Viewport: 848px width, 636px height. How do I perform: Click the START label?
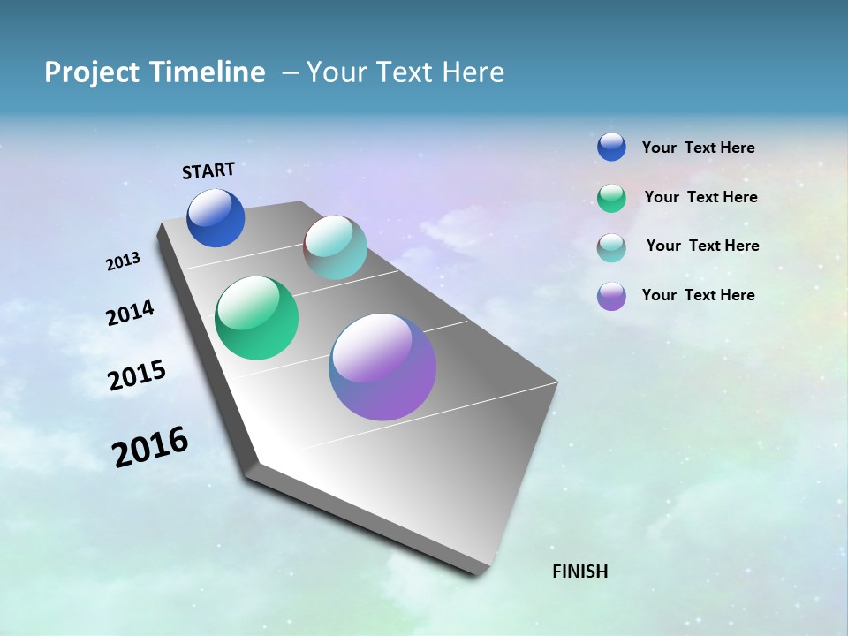click(208, 170)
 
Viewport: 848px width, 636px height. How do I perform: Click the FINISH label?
click(579, 572)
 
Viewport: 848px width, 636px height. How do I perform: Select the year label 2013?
click(124, 261)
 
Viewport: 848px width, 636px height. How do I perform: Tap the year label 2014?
click(131, 313)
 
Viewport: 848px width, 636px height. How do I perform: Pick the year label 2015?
click(137, 375)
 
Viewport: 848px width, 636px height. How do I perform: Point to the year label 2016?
click(150, 447)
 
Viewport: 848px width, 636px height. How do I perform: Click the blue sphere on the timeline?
click(216, 218)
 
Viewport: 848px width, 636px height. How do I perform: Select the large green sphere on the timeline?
click(256, 318)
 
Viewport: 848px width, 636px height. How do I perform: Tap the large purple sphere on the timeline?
click(382, 367)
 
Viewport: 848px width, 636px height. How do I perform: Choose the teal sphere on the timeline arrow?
click(335, 247)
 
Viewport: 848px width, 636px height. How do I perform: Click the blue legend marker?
click(611, 147)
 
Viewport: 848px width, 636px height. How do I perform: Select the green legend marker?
click(611, 198)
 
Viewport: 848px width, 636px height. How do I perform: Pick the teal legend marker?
click(611, 247)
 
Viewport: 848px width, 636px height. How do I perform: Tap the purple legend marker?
click(611, 296)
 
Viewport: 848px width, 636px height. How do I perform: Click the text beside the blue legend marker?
click(698, 148)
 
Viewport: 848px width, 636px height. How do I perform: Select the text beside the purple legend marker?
click(698, 295)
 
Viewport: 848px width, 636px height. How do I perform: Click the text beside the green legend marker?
click(700, 197)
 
